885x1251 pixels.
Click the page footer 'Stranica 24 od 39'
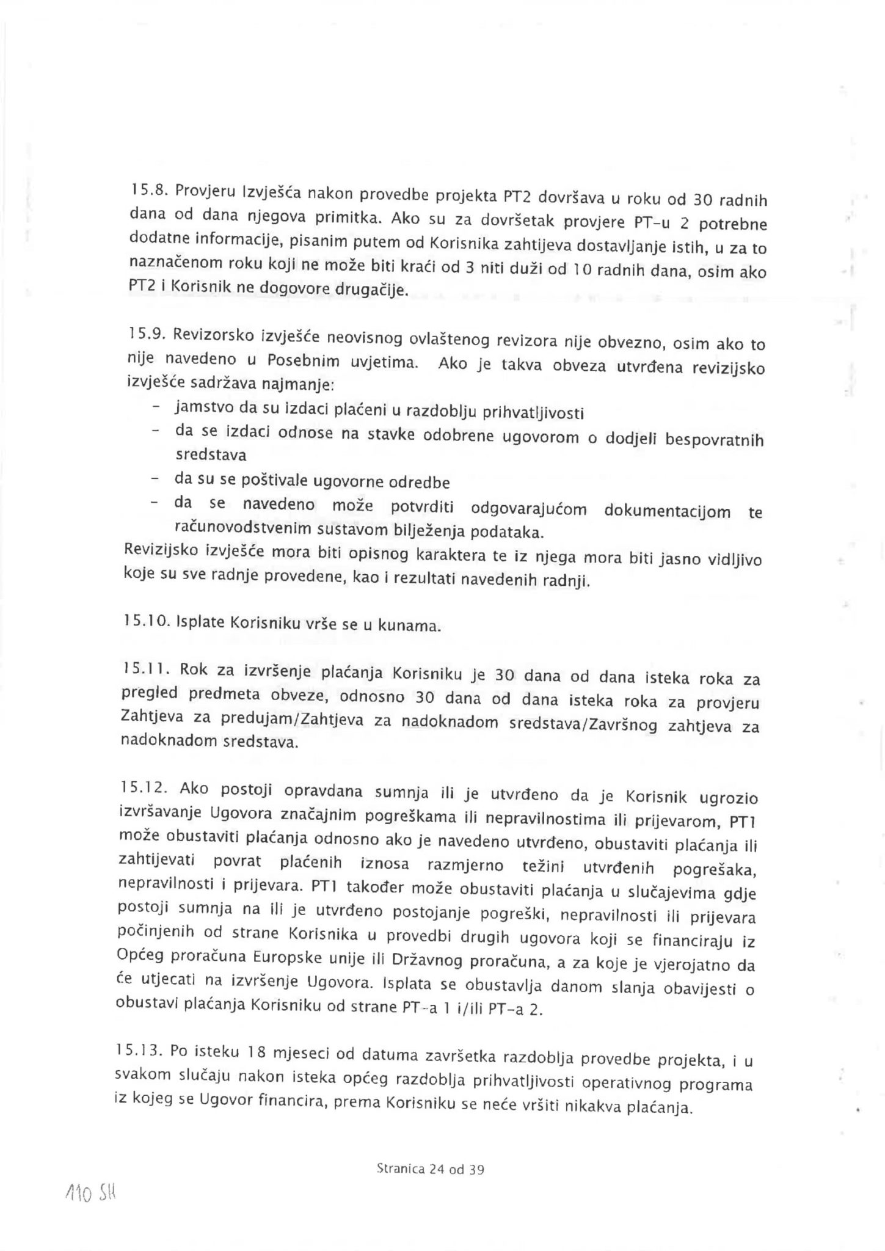point(431,1170)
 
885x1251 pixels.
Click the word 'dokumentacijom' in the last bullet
point(667,511)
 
